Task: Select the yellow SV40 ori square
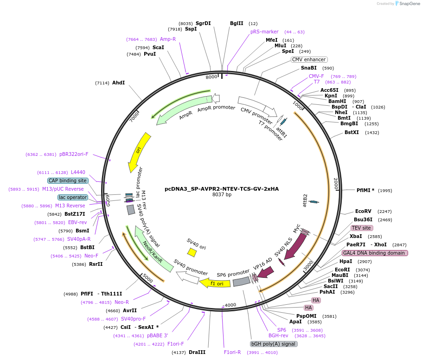[x=192, y=252]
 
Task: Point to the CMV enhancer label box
[x=309, y=59]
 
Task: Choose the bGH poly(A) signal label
[x=274, y=344]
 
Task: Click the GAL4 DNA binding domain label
[x=375, y=253]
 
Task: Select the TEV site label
[x=362, y=228]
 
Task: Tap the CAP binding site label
[x=68, y=180]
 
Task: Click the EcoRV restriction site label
[x=363, y=211]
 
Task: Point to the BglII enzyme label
[x=237, y=23]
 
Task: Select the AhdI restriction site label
[x=118, y=83]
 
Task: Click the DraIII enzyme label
[x=197, y=352]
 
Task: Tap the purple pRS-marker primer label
[x=264, y=32]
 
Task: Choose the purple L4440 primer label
[x=78, y=172]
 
